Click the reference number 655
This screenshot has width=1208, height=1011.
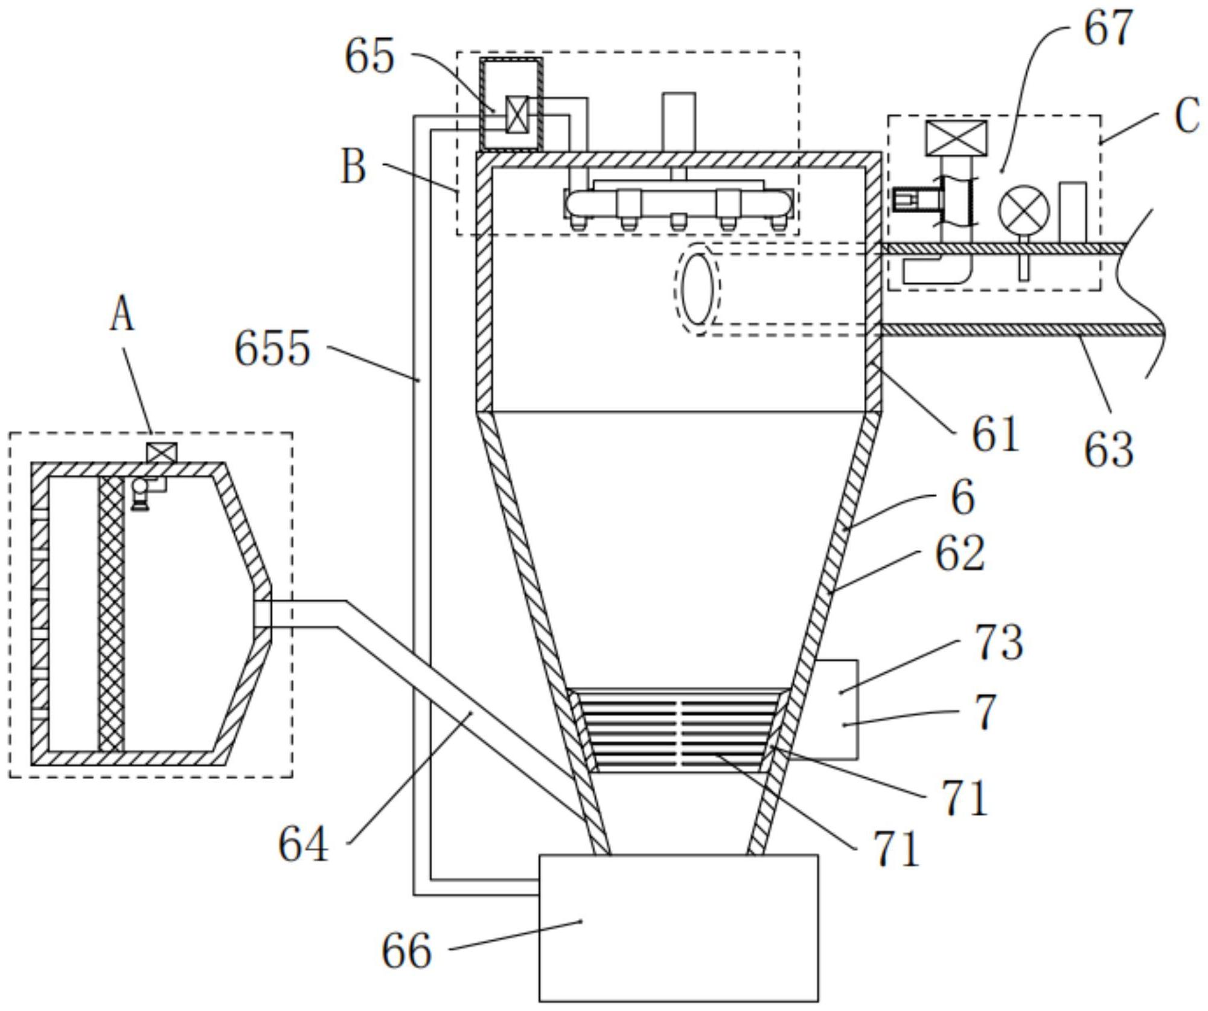(x=272, y=348)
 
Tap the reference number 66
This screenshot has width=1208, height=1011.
(x=406, y=950)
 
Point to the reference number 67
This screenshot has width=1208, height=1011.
(x=1107, y=28)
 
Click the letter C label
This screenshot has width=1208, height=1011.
(x=1187, y=117)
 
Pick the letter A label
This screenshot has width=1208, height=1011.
(x=122, y=316)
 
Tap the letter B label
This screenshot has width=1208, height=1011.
(x=354, y=167)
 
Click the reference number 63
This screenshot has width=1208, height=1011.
(x=1108, y=450)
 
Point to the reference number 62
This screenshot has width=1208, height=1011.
(x=960, y=553)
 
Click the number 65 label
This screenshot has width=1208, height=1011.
(x=369, y=57)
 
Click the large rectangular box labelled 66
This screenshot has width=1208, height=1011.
(x=679, y=931)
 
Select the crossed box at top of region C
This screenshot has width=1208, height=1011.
(x=956, y=138)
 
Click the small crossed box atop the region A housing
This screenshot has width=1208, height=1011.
(x=162, y=452)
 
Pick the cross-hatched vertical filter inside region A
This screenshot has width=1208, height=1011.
(x=112, y=614)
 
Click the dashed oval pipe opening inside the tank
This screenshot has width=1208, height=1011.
(x=697, y=289)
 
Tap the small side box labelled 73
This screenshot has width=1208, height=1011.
(x=837, y=709)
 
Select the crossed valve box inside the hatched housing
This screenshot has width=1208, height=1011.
(x=517, y=114)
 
